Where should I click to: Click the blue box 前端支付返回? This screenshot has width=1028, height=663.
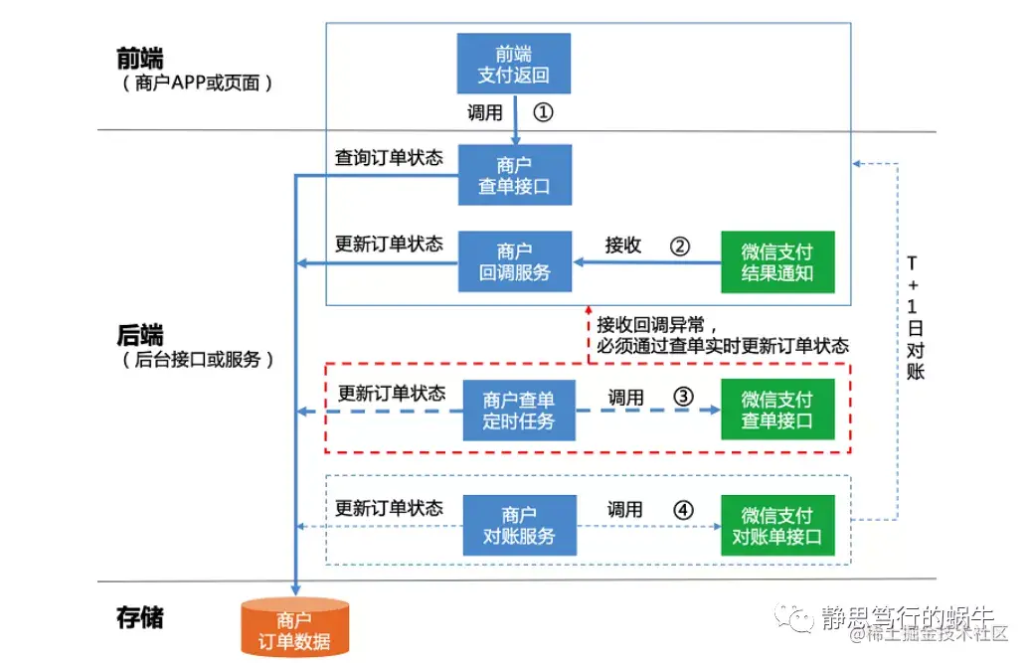pyautogui.click(x=514, y=65)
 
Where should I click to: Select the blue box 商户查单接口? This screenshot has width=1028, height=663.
pyautogui.click(x=514, y=175)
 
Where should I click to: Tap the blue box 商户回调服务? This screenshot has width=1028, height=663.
pyautogui.click(x=514, y=261)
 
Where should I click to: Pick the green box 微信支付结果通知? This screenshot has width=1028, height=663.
pyautogui.click(x=777, y=261)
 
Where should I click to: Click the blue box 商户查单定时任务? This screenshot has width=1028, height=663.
pyautogui.click(x=518, y=410)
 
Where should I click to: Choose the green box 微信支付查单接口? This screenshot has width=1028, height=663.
pyautogui.click(x=777, y=410)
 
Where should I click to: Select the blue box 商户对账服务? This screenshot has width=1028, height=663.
pyautogui.click(x=518, y=526)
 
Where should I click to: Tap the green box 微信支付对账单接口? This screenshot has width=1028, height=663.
pyautogui.click(x=777, y=526)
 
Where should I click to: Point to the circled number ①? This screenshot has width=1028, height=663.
pyautogui.click(x=543, y=112)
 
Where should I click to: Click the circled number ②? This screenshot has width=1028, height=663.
pyautogui.click(x=679, y=246)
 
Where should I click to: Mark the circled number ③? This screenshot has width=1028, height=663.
pyautogui.click(x=683, y=396)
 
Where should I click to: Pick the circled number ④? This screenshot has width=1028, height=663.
pyautogui.click(x=683, y=510)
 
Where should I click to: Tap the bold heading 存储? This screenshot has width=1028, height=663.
pyautogui.click(x=139, y=617)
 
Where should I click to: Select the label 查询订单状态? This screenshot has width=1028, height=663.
pyautogui.click(x=389, y=158)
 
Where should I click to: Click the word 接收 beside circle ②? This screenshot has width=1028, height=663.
pyautogui.click(x=623, y=246)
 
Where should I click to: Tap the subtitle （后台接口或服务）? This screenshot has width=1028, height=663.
pyautogui.click(x=195, y=360)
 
